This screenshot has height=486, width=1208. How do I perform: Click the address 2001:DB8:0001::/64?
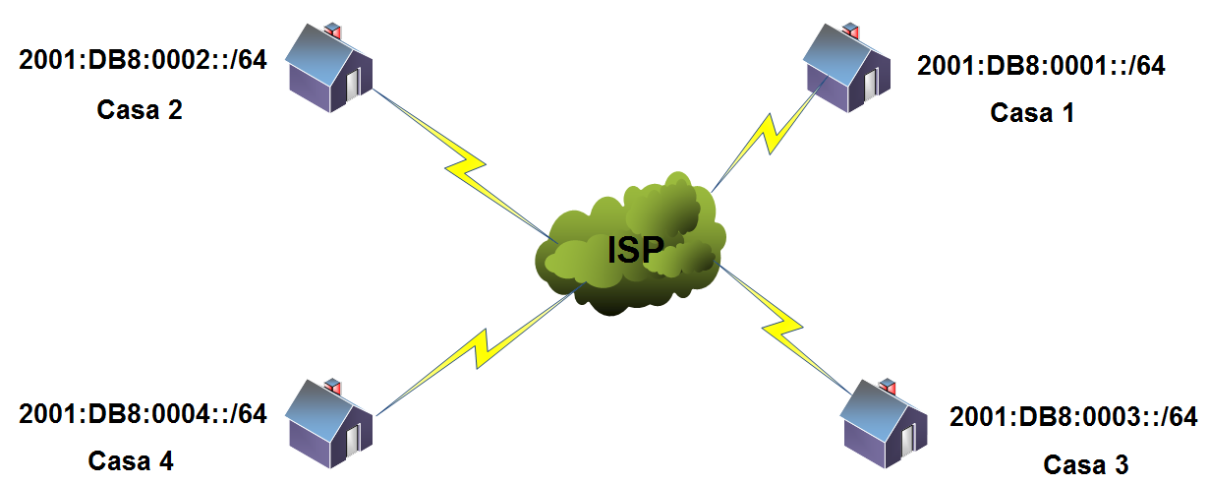point(1040,67)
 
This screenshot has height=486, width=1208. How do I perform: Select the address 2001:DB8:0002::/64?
point(143,59)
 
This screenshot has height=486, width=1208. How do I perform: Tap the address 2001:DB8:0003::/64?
point(1072,417)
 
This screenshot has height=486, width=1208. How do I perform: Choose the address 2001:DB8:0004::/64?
point(143,414)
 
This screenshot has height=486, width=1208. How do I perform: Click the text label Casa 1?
point(1032,114)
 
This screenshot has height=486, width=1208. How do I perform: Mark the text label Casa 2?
point(140,110)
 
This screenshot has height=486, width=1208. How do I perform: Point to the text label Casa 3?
point(1085,463)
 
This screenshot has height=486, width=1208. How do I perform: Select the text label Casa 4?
point(132,460)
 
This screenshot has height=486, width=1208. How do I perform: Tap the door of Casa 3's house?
point(906,440)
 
